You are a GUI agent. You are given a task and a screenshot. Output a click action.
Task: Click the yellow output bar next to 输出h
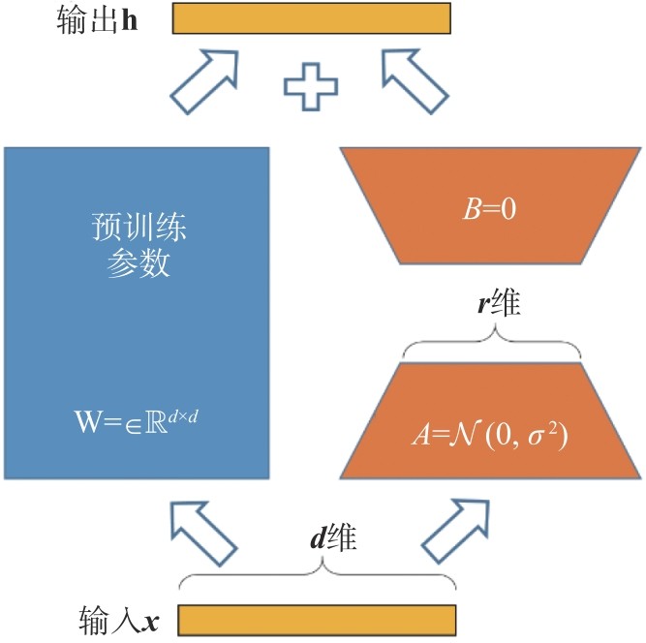pyautogui.click(x=312, y=19)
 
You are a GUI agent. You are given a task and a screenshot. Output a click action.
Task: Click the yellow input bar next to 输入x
pyautogui.click(x=317, y=618)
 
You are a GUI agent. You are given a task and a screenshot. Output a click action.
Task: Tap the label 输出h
pyautogui.click(x=98, y=20)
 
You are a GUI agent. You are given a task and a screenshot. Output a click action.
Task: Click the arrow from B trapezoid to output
pyautogui.click(x=415, y=80)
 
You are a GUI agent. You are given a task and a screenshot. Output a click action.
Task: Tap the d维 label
pyautogui.click(x=333, y=538)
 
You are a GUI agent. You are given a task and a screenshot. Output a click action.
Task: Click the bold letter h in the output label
pyautogui.click(x=128, y=20)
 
